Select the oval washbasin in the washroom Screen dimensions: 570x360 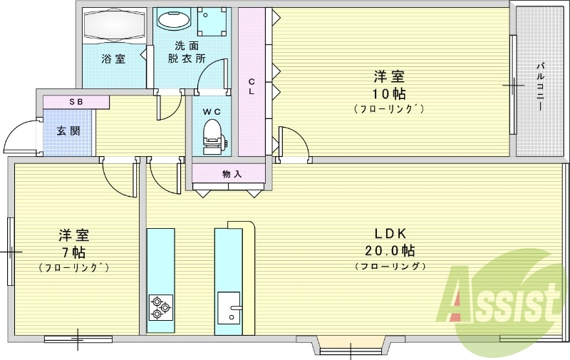pos(175,19)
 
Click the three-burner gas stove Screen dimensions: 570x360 pos(161,307)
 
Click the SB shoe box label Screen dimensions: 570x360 pos(76,102)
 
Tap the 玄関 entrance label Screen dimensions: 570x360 pos(68,131)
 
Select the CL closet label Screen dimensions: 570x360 pos(252,86)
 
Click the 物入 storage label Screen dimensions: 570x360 pos(232,174)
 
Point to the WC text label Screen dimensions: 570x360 pos(212,112)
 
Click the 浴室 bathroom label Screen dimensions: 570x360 pos(113,58)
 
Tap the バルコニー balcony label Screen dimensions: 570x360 pos(540,86)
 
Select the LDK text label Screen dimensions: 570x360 pos(390,234)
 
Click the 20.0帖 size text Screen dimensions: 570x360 pos(390,250)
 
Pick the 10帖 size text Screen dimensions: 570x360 pos(388,94)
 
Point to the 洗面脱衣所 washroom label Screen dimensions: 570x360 pos(187,52)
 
